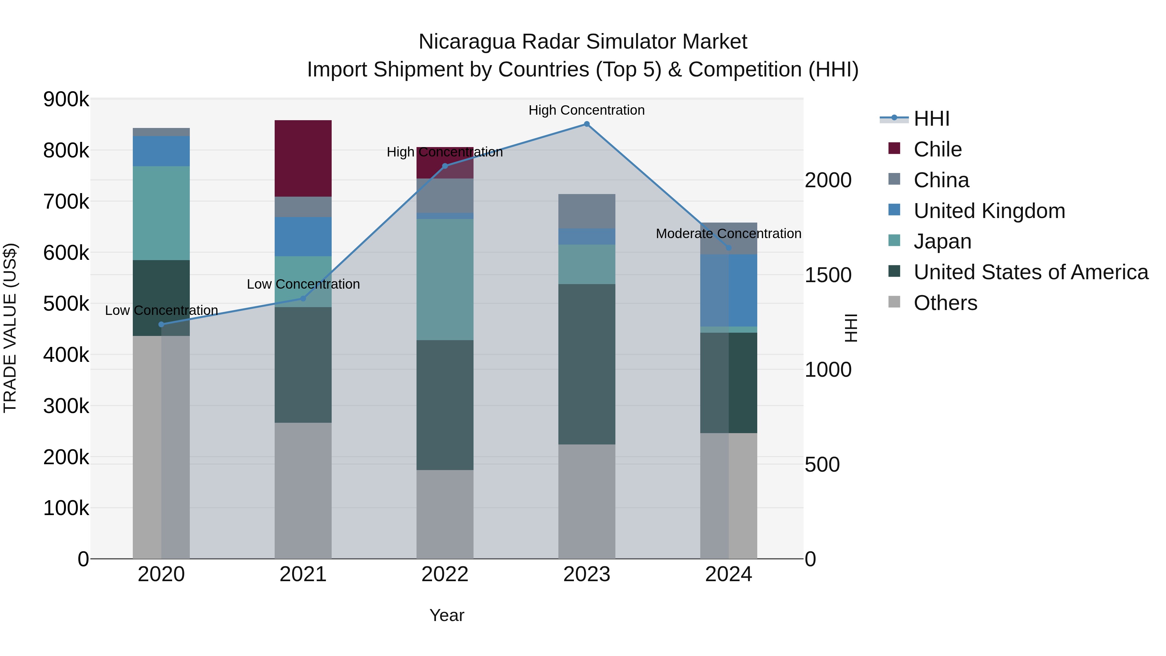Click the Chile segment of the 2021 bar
tap(303, 158)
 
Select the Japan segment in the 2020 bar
tap(161, 213)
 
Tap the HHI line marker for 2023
tap(587, 124)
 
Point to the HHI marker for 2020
tap(162, 324)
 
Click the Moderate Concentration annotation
tap(728, 234)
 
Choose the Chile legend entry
tap(937, 149)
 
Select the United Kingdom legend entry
tap(989, 211)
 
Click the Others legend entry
tap(945, 303)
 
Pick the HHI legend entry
tap(931, 119)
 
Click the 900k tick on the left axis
tap(66, 99)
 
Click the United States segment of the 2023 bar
tap(587, 364)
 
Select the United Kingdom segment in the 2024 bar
tap(728, 290)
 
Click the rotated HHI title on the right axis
tap(851, 328)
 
